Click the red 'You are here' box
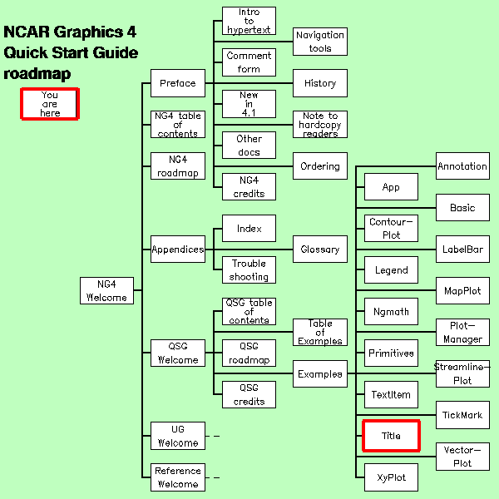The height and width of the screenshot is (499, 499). (x=50, y=104)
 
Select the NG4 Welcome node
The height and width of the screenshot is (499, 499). (x=106, y=290)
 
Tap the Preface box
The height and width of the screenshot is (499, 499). (x=178, y=83)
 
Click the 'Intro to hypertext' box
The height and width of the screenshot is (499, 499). (x=249, y=21)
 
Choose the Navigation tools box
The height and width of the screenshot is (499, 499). (x=320, y=42)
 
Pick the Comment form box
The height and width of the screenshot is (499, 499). (x=249, y=62)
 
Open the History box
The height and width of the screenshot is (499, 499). (x=320, y=83)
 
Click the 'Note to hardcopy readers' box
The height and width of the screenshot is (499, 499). (x=320, y=124)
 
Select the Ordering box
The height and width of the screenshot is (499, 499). (x=320, y=166)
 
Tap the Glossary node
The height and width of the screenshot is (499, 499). (x=320, y=249)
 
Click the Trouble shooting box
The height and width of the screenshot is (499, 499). (x=249, y=269)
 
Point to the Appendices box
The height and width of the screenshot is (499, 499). (x=178, y=249)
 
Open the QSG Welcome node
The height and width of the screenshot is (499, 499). (x=178, y=353)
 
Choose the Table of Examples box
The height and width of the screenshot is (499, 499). (x=320, y=333)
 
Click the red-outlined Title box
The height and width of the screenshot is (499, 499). (x=391, y=436)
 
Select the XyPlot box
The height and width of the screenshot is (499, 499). (x=391, y=477)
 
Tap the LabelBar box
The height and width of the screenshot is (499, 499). (x=462, y=249)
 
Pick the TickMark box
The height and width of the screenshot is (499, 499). (x=462, y=415)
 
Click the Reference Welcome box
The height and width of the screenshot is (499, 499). (x=178, y=477)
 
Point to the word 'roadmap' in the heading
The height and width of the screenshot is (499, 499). (x=37, y=74)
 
